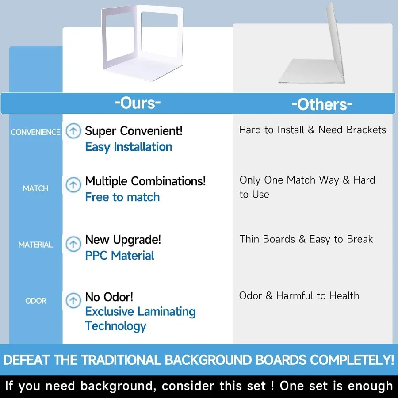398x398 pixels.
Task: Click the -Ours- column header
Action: [x=138, y=103]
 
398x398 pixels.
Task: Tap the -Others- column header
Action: [x=322, y=104]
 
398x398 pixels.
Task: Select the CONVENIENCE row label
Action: [x=35, y=132]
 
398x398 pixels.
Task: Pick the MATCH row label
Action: [x=35, y=188]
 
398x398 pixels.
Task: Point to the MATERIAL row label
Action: [x=35, y=245]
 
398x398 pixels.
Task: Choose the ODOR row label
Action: [x=36, y=301]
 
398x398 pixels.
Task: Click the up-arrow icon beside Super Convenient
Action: [x=73, y=131]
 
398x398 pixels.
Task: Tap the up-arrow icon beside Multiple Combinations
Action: [x=73, y=184]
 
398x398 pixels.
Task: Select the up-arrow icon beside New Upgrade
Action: [x=73, y=244]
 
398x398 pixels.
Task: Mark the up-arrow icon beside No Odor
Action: [x=73, y=301]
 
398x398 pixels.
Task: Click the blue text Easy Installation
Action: [x=129, y=147]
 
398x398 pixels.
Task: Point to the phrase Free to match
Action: [x=122, y=197]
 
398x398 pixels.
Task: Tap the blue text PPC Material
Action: [x=119, y=255]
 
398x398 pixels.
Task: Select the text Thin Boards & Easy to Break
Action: [x=306, y=239]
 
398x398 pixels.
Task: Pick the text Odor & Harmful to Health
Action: [x=299, y=296]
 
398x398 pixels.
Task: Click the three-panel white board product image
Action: [x=142, y=43]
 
